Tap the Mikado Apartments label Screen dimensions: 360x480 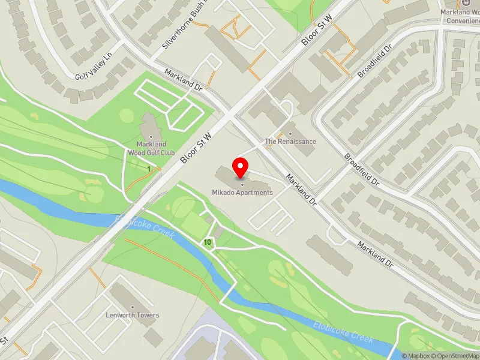[x=242, y=193]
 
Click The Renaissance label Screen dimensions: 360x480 [x=290, y=142]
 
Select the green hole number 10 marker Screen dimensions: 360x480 [x=208, y=242]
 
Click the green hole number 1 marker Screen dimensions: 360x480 [x=149, y=169]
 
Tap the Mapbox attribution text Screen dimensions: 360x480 [x=415, y=356]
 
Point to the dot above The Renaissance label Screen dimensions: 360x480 [x=290, y=134]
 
